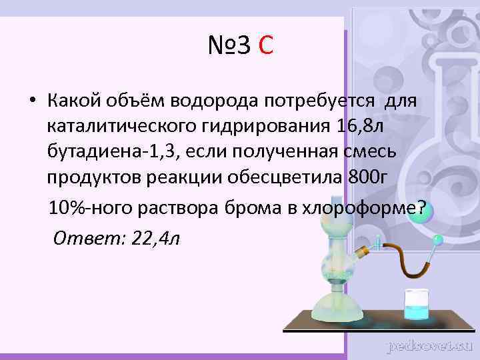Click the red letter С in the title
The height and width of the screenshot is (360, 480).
coord(265,47)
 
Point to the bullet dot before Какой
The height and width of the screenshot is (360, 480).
coord(31,101)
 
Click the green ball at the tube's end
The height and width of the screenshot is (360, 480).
coord(437,238)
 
